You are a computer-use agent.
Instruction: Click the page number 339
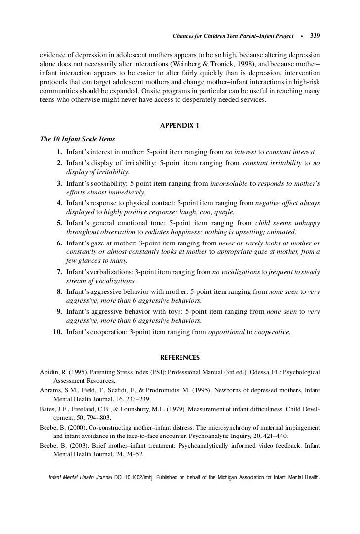click(x=315, y=36)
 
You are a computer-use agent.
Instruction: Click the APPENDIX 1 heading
click(x=180, y=125)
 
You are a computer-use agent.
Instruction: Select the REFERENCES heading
click(x=180, y=357)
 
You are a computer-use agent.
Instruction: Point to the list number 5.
click(x=59, y=223)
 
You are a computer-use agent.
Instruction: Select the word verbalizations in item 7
click(x=116, y=272)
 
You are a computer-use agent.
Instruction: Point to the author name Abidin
click(x=49, y=372)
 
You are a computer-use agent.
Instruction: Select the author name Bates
click(x=48, y=409)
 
